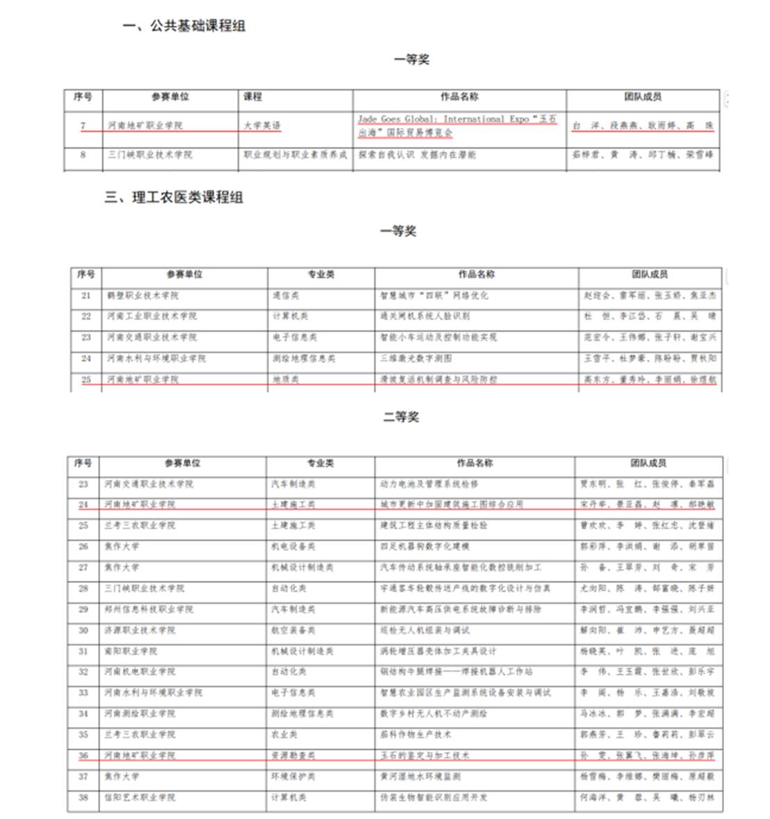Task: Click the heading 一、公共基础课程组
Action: point(184,26)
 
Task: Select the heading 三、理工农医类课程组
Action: point(174,197)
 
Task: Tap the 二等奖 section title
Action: point(401,417)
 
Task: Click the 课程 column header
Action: point(252,97)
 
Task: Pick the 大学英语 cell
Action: point(262,126)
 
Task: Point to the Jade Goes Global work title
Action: point(457,126)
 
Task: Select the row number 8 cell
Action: point(83,154)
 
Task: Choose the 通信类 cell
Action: point(286,295)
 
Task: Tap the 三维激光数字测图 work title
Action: point(415,358)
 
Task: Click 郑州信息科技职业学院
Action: point(149,609)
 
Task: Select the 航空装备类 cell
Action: point(293,630)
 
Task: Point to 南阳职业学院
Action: point(131,651)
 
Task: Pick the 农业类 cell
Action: point(284,734)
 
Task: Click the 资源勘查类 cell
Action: point(293,755)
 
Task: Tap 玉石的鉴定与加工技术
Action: point(424,755)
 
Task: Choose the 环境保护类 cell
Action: point(293,776)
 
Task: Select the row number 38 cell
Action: point(83,797)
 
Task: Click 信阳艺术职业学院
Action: point(140,797)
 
